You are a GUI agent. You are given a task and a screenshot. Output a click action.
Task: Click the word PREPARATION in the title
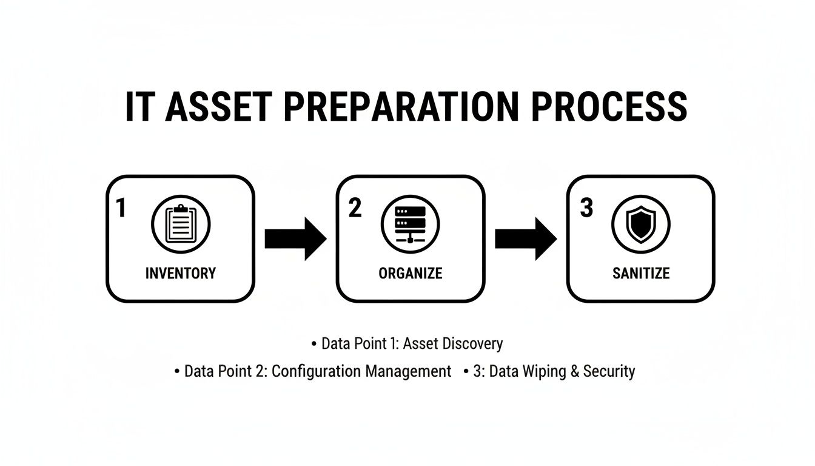click(401, 107)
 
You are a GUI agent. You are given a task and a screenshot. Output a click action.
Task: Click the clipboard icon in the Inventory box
click(180, 224)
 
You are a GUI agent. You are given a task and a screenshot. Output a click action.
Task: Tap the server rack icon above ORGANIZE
click(411, 224)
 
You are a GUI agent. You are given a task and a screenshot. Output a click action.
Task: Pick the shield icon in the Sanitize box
click(640, 224)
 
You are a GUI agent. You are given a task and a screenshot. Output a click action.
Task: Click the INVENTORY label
click(181, 273)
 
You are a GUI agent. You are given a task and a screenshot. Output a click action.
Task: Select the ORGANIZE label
click(411, 273)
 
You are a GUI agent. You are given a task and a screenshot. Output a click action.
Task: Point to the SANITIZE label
click(641, 273)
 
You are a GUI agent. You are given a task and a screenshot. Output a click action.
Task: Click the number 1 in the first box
click(121, 208)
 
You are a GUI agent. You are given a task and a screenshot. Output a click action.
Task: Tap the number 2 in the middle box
click(355, 208)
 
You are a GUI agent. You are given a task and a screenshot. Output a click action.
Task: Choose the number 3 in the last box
click(586, 208)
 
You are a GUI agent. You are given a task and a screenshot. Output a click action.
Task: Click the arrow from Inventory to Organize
click(295, 238)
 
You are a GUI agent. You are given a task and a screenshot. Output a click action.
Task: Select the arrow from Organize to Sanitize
click(526, 238)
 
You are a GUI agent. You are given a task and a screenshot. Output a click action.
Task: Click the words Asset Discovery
click(453, 343)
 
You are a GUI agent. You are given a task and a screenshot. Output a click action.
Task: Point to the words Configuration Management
click(361, 371)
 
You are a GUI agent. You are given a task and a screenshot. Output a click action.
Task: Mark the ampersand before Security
click(575, 371)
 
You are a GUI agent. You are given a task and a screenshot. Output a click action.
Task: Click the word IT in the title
click(138, 107)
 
